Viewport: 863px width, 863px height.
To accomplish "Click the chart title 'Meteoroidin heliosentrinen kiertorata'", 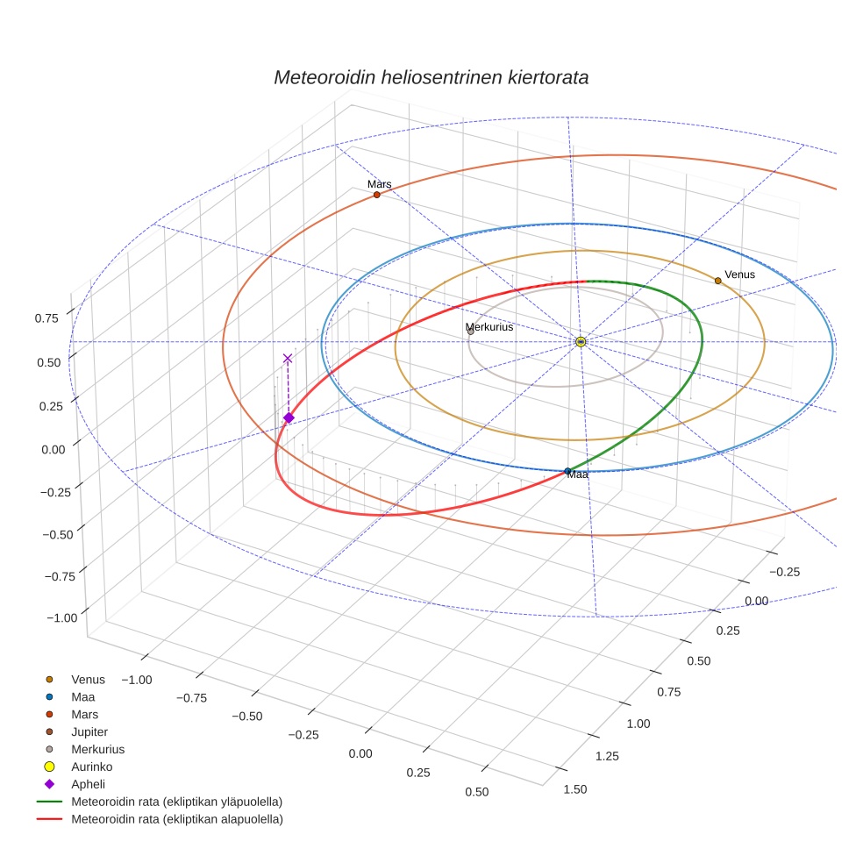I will [431, 77].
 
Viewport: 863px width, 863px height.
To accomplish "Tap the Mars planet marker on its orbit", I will [377, 195].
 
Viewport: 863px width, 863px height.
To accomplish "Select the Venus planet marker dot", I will [717, 281].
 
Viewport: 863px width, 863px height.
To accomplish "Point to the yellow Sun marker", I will [581, 341].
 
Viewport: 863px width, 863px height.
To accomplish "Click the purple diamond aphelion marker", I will [289, 417].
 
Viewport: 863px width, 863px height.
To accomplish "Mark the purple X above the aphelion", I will [288, 358].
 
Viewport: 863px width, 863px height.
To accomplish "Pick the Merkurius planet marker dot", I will [471, 332].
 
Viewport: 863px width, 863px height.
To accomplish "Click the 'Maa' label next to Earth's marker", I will [577, 474].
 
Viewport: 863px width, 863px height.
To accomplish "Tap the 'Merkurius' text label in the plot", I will [489, 326].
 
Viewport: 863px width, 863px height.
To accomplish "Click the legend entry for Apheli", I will [88, 784].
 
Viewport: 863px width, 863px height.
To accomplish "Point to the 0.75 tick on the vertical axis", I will [46, 318].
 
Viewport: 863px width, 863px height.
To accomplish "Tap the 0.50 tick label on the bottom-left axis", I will [476, 792].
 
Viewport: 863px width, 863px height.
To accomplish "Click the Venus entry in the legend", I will [88, 679].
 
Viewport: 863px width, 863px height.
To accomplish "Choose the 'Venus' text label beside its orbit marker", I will [739, 275].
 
